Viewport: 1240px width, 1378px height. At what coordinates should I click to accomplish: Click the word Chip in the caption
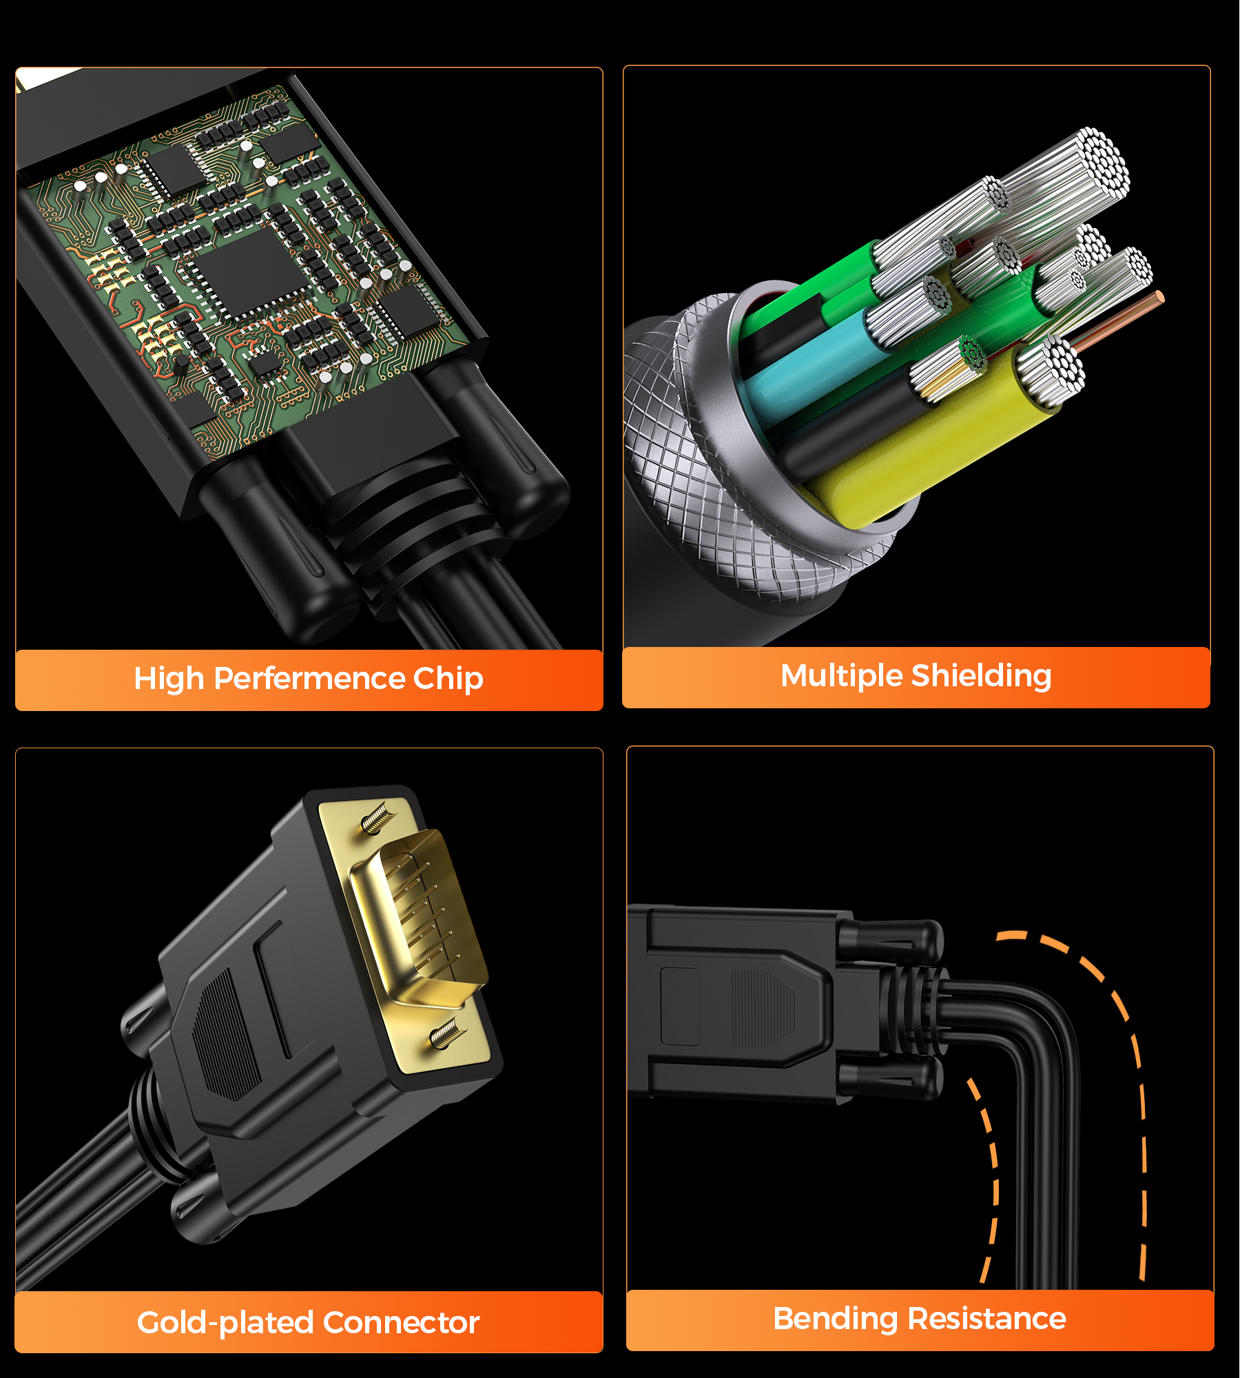pos(448,679)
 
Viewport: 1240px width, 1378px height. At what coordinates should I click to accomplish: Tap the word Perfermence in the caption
pos(309,679)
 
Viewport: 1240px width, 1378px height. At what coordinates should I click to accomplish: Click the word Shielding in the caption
pos(981,676)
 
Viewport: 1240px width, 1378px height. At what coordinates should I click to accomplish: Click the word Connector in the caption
pos(400,1323)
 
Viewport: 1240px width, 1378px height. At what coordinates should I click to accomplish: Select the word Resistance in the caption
pos(986,1319)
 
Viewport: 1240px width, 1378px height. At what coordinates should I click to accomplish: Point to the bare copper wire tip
pos(1160,297)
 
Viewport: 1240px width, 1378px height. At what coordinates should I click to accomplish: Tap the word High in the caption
pos(169,679)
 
